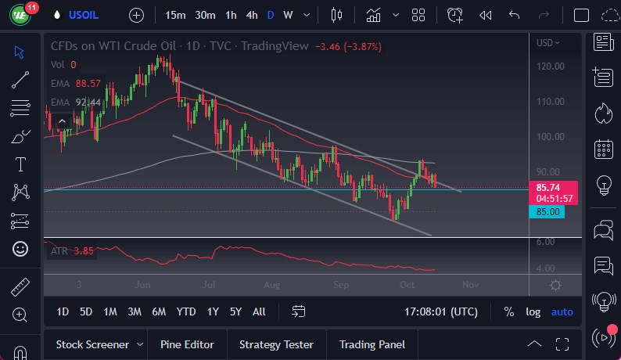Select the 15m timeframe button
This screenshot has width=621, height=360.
pyautogui.click(x=175, y=15)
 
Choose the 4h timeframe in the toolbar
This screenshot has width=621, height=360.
pyautogui.click(x=251, y=15)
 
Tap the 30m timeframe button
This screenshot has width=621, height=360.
pyautogui.click(x=205, y=15)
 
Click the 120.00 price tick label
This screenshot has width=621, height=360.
pyautogui.click(x=551, y=66)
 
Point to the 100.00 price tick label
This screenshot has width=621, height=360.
pyautogui.click(x=551, y=137)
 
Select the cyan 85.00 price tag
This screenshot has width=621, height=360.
pyautogui.click(x=547, y=212)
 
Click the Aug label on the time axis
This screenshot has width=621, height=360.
pyautogui.click(x=271, y=286)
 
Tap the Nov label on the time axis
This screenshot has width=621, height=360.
pyautogui.click(x=469, y=286)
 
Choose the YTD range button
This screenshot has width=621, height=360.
pyautogui.click(x=185, y=311)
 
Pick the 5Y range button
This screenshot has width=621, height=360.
pyautogui.click(x=235, y=311)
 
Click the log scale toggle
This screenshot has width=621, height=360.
pyautogui.click(x=533, y=311)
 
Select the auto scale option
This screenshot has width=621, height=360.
pyautogui.click(x=562, y=311)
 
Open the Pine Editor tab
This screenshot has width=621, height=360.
pyautogui.click(x=186, y=344)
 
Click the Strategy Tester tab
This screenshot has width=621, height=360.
pyautogui.click(x=276, y=344)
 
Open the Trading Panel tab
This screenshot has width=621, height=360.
pyautogui.click(x=372, y=344)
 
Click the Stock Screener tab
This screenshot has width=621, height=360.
pyautogui.click(x=92, y=344)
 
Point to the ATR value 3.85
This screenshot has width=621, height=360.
pyautogui.click(x=84, y=251)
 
